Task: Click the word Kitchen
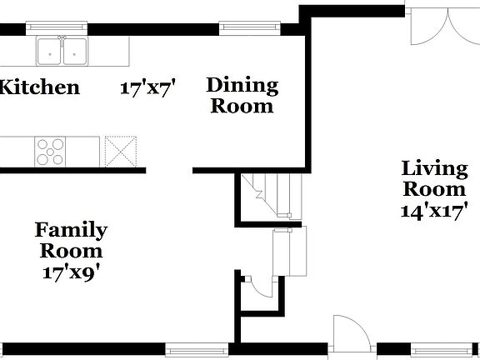coord(40,87)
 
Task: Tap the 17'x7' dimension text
coord(151,89)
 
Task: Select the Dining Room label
coord(242,95)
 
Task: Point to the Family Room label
coord(71,240)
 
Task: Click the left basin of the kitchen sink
coord(49,52)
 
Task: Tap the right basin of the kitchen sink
coord(76,52)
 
